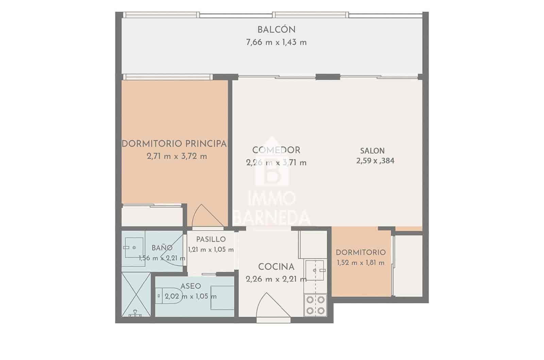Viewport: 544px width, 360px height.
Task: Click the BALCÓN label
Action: [276, 30]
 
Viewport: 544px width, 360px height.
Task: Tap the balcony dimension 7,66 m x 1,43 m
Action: [276, 42]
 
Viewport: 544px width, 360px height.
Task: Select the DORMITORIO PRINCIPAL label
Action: [174, 144]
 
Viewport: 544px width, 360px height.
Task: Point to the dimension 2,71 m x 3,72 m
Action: [177, 156]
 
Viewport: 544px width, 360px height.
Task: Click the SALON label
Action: [372, 151]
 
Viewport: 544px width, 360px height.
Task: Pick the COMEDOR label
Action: [276, 150]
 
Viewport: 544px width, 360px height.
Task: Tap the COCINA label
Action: [276, 267]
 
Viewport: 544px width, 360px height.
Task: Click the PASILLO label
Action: [211, 239]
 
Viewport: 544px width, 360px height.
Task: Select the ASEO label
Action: [191, 286]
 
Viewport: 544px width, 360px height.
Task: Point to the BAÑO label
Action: [162, 247]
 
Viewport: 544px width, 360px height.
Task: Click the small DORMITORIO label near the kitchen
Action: [361, 253]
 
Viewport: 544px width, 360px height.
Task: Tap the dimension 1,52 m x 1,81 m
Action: [361, 263]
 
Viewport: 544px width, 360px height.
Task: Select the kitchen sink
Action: [315, 270]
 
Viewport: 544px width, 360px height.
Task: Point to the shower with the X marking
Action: [136, 294]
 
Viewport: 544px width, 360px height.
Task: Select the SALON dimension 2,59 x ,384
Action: [375, 161]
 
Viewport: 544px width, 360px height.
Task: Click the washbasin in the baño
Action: [134, 247]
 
